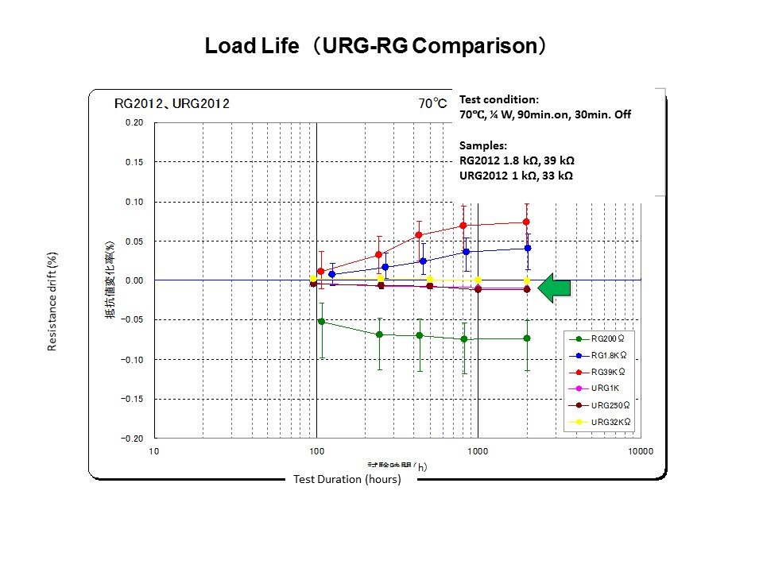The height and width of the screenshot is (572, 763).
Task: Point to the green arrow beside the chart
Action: pos(555,288)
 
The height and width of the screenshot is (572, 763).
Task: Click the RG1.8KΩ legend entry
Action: pos(606,355)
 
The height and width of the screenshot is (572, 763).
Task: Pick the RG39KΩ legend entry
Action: pos(606,372)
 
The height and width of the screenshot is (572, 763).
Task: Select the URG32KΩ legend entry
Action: pos(607,422)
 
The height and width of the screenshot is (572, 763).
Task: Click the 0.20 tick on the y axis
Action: pos(134,123)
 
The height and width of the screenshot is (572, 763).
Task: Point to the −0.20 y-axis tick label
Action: pos(132,439)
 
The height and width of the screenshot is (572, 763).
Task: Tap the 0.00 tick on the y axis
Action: pos(134,280)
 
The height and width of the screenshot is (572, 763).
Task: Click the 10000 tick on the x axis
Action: pos(640,452)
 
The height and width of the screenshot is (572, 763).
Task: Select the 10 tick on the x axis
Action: pos(154,452)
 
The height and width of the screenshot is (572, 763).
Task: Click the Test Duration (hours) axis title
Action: pos(347,479)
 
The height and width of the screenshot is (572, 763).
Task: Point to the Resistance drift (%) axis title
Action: pos(52,303)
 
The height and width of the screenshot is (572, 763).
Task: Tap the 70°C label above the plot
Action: pos(433,103)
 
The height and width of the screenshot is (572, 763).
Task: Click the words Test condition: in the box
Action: pos(499,100)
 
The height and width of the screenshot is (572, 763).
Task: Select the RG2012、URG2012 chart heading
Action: pos(172,103)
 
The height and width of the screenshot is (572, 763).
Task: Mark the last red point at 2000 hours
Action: pos(526,222)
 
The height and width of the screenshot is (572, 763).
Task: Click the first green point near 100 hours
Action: pos(321,322)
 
